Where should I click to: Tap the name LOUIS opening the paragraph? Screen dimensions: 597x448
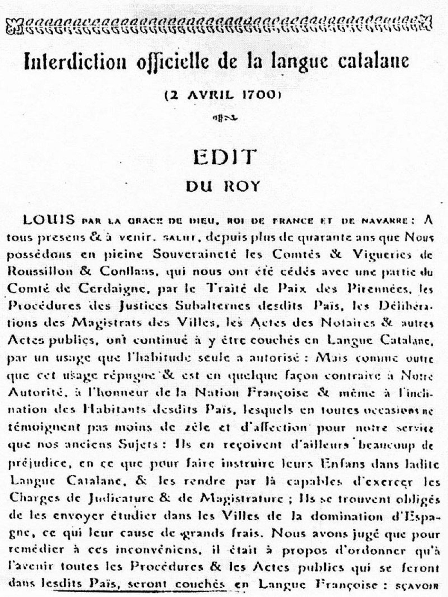[x=49, y=220]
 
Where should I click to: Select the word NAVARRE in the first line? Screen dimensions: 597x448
[x=386, y=221]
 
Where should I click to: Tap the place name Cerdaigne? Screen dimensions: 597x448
[x=115, y=289]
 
